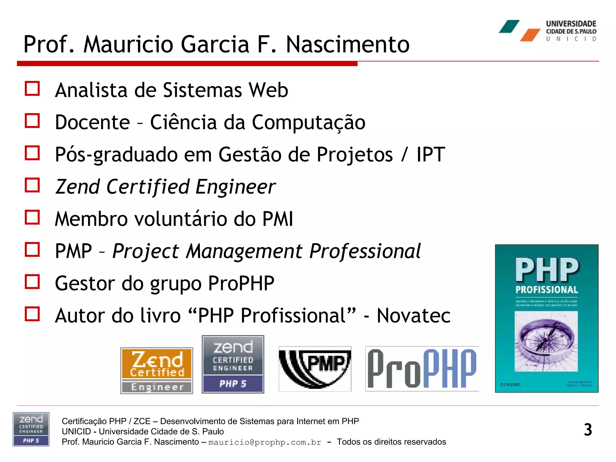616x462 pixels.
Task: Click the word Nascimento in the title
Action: pos(347,45)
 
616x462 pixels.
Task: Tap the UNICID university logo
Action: pos(547,30)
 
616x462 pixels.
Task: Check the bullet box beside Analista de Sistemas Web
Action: pos(32,89)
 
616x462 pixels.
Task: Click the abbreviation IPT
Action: pos(430,155)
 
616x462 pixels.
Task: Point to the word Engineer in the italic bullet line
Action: pos(235,187)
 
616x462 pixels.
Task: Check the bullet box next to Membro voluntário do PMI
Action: pos(32,217)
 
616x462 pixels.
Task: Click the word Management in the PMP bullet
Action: pos(244,251)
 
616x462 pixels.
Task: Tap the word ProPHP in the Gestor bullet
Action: pos(241,283)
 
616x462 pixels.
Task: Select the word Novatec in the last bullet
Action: pos(414,316)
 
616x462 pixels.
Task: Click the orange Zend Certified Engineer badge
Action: pos(157,371)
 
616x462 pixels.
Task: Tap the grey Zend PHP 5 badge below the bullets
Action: pos(233,364)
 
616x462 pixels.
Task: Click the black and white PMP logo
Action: pos(315,369)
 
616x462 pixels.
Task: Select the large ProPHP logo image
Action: pos(422,369)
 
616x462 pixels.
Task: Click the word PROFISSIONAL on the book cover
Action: pos(547,290)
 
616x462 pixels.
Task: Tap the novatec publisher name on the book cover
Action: pos(510,384)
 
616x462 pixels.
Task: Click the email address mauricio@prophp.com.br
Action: pos(265,442)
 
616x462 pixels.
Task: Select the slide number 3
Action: pos(588,430)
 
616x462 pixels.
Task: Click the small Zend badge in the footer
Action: pos(31,429)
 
